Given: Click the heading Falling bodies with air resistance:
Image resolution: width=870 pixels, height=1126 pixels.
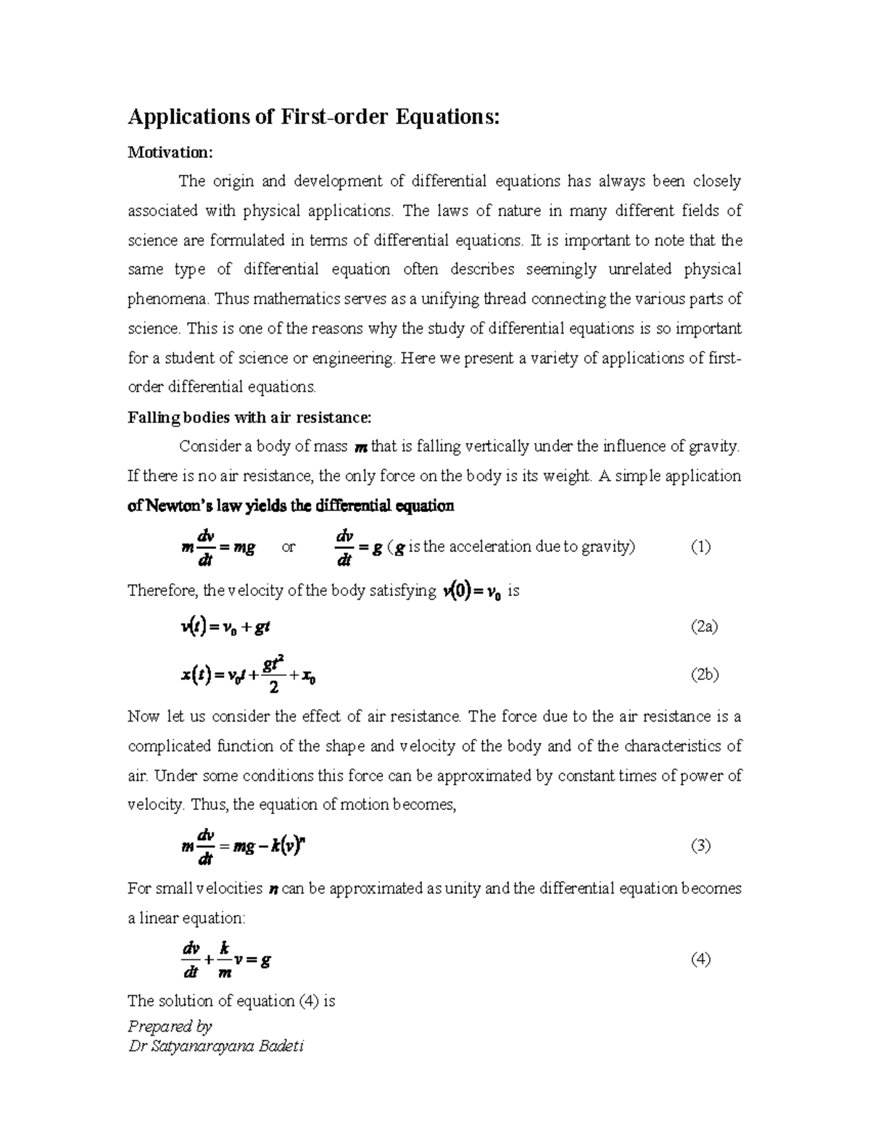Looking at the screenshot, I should point(249,418).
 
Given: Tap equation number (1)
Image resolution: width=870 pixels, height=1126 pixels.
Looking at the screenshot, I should point(700,547).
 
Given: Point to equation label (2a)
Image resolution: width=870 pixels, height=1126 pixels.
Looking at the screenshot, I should point(703,627).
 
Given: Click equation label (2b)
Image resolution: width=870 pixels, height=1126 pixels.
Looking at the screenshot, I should point(703,675).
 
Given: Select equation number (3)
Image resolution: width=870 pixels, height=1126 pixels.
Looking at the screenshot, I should point(700,845).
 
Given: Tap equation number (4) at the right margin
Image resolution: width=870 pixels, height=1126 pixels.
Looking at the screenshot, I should point(700,960).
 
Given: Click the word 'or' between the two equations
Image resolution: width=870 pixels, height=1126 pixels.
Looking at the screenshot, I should point(288,548).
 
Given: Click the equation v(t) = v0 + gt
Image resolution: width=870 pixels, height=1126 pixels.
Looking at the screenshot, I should point(225,627).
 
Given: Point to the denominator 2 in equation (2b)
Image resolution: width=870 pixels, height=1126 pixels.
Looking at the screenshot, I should point(273,687).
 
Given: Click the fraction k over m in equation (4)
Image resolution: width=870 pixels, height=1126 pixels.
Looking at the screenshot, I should point(224,960).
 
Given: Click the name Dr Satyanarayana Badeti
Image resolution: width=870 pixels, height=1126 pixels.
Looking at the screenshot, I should point(215,1046).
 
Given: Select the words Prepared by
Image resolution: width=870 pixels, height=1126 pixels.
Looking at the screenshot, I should point(170,1026).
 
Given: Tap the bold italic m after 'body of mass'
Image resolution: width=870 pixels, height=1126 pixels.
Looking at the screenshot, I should point(360,448).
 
